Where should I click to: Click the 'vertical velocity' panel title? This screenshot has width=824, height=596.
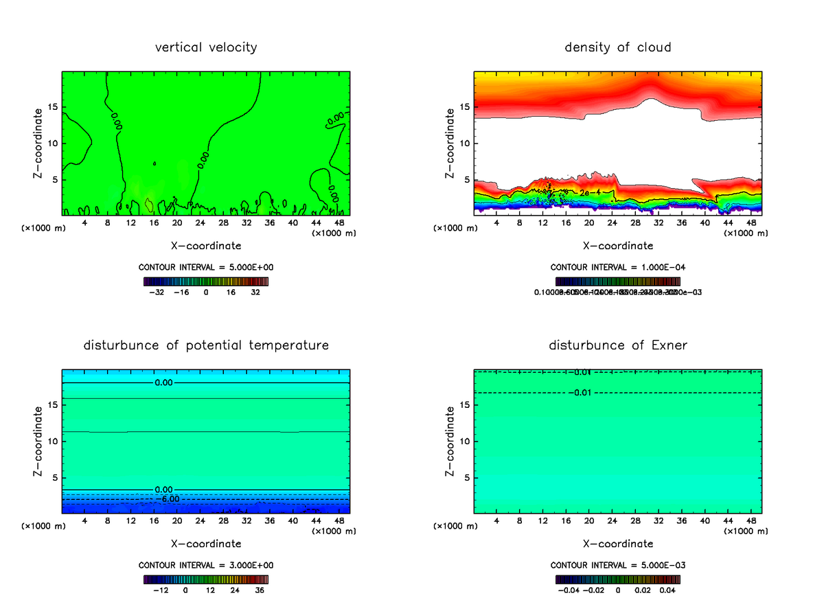(x=206, y=47)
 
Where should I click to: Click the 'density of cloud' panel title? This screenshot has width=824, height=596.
(x=617, y=47)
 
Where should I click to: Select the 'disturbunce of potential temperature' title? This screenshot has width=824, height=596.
(x=206, y=345)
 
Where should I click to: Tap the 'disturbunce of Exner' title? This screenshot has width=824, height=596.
(x=617, y=345)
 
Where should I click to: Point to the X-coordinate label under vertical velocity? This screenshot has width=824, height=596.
(x=206, y=245)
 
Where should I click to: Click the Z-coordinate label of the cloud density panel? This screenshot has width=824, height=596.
(x=450, y=144)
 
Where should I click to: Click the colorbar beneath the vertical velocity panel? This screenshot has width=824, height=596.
(x=206, y=281)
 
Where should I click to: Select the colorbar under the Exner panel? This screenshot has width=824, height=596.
(x=617, y=579)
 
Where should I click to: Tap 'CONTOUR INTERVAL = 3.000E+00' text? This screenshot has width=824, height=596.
(x=206, y=565)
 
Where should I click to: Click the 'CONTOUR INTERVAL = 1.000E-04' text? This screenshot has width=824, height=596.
(x=617, y=267)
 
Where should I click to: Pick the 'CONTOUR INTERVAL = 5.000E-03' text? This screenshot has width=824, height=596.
(x=617, y=565)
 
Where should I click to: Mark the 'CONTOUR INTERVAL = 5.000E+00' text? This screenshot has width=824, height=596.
(x=206, y=267)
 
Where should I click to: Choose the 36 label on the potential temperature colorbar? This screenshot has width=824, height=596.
(x=260, y=589)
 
